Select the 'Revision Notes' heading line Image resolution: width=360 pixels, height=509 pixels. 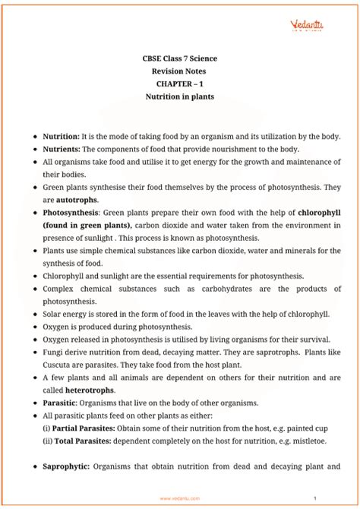180,71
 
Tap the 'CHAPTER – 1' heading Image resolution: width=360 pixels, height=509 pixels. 180,84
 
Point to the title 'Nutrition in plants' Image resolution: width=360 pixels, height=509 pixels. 180,97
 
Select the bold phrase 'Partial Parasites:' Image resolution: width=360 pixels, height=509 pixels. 87,428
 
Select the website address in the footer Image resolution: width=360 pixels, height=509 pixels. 180,499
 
